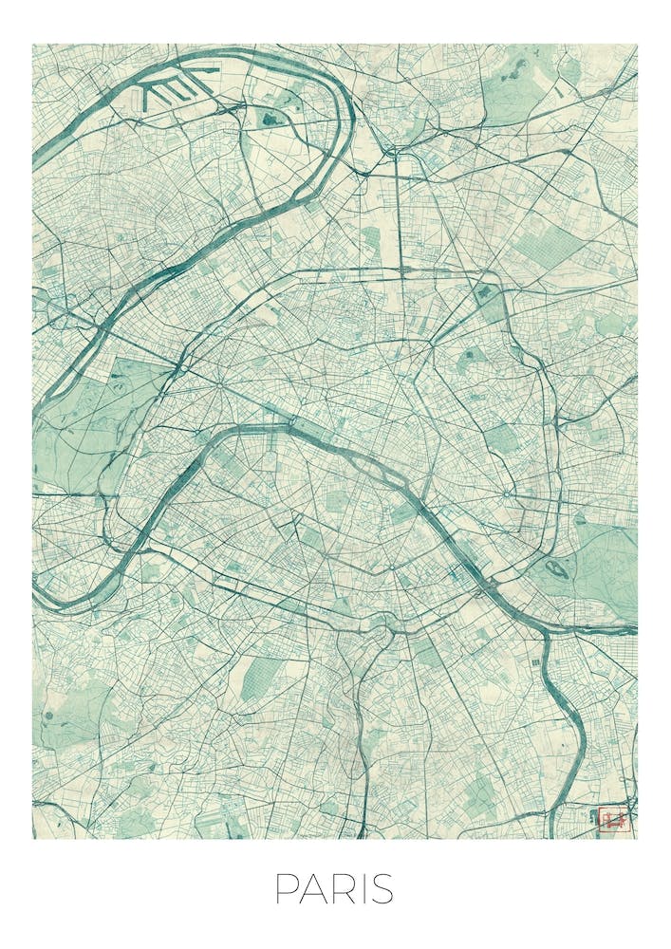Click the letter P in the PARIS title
[x=285, y=889]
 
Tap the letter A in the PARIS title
[x=312, y=889]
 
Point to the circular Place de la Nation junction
[x=507, y=493]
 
